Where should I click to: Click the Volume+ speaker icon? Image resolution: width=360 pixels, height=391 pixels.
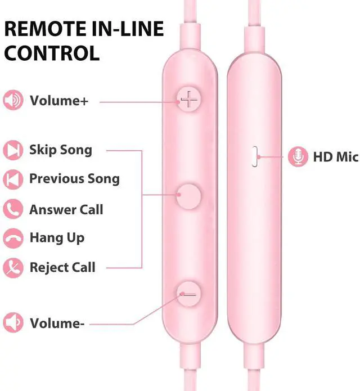pos(13,101)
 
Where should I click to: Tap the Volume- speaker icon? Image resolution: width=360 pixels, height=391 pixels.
pos(13,323)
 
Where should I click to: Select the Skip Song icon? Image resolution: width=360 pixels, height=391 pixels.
pos(13,150)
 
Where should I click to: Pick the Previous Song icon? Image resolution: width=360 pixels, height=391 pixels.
pos(13,179)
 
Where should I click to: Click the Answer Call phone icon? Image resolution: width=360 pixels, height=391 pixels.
pos(13,209)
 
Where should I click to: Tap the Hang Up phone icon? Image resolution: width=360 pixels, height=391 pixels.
pos(13,237)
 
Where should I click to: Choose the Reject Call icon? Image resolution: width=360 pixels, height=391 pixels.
pos(13,267)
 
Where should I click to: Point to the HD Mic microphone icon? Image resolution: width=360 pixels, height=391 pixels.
pos(298,156)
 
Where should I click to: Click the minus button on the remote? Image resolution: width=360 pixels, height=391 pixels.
pos(190,294)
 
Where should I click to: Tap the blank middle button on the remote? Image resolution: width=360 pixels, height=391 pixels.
pos(190,196)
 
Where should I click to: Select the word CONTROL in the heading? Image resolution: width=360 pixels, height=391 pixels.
pos(52,53)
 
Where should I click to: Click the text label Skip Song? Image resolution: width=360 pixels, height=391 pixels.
pos(61,150)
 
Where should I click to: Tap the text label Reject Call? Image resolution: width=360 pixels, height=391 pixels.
pos(62,267)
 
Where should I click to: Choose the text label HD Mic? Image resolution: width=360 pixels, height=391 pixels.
pos(335,157)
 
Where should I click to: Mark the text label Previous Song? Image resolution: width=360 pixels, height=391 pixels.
pos(74,179)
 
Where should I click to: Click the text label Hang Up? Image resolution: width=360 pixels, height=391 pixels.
pos(57,237)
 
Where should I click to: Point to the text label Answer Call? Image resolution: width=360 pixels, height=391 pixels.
pos(66,209)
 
